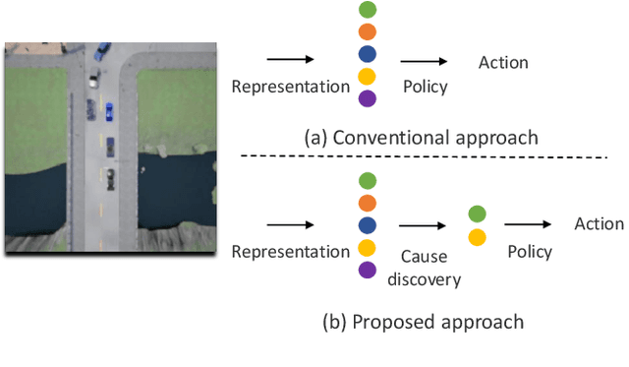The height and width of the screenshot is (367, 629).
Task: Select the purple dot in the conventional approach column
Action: tap(367, 98)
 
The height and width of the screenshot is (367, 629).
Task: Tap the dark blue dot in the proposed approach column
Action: tap(367, 223)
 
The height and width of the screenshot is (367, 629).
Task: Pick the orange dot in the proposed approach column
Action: tap(367, 202)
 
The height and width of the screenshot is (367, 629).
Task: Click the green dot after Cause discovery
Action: tap(477, 214)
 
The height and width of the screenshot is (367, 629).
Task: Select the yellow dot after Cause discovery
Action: tap(477, 236)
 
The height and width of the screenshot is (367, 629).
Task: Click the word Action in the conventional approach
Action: tap(503, 63)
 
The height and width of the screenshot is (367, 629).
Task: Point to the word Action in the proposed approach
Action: tap(600, 223)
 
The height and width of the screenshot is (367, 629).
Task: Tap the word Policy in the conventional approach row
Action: tap(426, 87)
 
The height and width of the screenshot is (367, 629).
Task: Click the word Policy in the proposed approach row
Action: tap(530, 252)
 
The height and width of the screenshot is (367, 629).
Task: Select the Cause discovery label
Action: tap(426, 268)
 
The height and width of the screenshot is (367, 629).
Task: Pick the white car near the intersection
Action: tap(94, 80)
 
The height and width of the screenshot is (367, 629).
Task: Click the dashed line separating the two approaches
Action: tap(423, 158)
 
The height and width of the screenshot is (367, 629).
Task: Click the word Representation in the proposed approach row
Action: tap(290, 252)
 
